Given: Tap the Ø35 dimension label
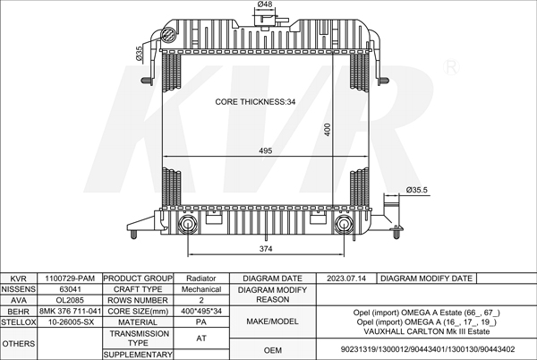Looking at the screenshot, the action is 139,54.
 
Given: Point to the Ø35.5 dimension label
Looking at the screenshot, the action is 417,190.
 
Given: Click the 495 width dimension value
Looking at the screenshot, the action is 266,150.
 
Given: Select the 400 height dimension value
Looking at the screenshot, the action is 328,130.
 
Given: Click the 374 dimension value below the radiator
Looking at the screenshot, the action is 266,249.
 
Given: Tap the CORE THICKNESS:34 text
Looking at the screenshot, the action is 255,102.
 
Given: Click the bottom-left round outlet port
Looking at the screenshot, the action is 188,225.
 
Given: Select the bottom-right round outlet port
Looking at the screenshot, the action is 343,225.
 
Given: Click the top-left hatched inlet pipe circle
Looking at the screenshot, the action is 168,35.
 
